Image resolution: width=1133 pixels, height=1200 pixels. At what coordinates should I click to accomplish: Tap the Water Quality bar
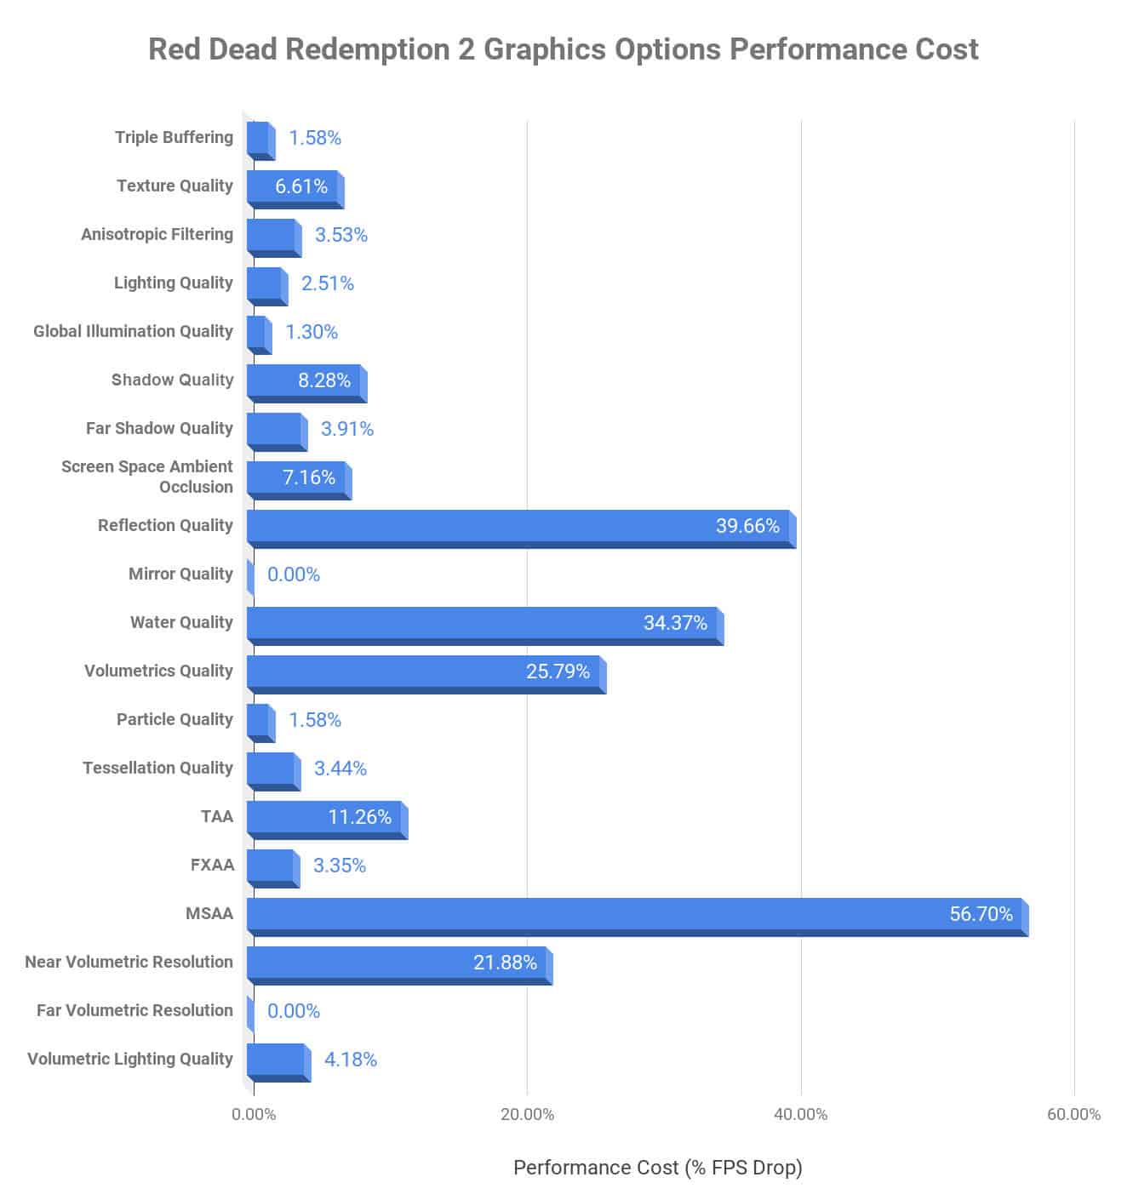point(484,624)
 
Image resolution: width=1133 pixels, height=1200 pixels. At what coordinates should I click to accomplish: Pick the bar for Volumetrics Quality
point(426,672)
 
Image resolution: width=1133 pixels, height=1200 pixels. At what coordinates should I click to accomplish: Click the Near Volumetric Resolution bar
point(399,963)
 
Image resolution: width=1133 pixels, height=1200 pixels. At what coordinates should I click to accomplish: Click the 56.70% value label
point(981,914)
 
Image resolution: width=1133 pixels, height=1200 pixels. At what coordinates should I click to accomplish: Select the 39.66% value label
point(747,526)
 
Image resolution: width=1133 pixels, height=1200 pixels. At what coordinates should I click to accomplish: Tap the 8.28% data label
point(324,380)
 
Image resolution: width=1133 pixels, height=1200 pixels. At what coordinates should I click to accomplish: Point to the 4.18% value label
point(351,1060)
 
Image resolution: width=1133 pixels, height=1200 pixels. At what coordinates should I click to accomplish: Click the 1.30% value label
point(312,332)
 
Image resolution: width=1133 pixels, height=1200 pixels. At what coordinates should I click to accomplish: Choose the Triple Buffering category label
point(174,138)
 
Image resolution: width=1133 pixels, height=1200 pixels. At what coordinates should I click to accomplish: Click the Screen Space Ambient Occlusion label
point(147,477)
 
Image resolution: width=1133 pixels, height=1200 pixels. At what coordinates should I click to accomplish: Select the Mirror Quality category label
point(180,574)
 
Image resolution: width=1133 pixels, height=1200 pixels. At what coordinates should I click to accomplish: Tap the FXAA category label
point(212,866)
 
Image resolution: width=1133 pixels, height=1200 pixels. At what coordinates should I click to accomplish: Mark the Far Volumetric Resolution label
point(134,1011)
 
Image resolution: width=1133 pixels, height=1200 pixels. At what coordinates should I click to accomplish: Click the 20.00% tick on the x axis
point(527,1115)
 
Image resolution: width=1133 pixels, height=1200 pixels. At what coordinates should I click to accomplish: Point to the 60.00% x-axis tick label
point(1073,1115)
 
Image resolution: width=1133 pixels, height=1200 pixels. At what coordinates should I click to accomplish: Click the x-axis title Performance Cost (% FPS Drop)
point(657,1168)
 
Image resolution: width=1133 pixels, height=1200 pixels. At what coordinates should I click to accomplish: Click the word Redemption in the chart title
point(369,49)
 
